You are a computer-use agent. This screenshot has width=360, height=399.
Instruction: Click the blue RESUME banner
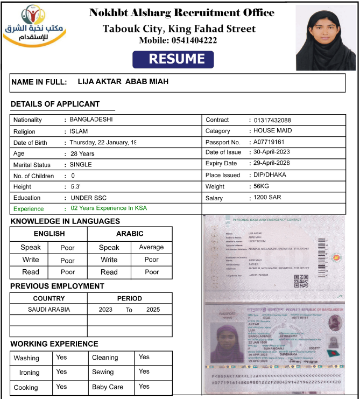coord(173,59)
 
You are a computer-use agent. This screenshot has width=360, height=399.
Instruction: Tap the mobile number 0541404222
coord(194,40)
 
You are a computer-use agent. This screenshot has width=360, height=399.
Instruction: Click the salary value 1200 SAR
coord(267,198)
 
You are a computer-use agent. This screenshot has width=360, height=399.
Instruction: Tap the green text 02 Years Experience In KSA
coord(109,208)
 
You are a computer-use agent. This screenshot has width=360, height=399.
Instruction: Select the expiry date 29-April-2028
coord(272,163)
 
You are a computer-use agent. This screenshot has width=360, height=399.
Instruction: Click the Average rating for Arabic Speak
coord(151,247)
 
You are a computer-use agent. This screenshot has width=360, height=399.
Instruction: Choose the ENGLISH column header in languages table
coord(49,234)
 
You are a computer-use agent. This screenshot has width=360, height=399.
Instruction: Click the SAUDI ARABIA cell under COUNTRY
coord(49,310)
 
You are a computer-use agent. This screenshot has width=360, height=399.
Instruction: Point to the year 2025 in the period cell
coord(153,310)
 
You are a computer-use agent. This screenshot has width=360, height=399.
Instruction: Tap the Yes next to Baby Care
coord(144,387)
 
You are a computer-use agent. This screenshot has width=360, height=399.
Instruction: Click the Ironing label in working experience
coord(30,372)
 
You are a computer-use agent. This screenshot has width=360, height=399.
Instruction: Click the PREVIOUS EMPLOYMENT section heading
coord(57,286)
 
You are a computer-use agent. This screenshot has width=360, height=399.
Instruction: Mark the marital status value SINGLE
coord(81,164)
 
